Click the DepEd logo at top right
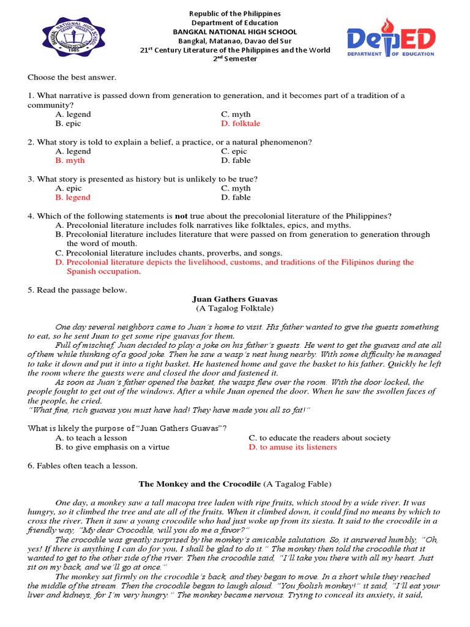391,39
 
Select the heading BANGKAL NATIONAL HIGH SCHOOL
235,32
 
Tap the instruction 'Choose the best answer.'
72,77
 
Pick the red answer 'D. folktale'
241,123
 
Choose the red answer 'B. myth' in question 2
70,160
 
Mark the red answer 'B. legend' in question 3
72,197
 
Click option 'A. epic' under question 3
68,188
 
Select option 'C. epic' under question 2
234,151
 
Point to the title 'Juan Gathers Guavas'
235,299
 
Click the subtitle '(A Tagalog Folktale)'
235,309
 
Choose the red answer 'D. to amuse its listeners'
293,447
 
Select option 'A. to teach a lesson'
91,438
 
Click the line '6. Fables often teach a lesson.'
83,466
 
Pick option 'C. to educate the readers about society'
319,438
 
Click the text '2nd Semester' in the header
235,59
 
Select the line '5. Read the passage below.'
77,290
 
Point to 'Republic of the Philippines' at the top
235,13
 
